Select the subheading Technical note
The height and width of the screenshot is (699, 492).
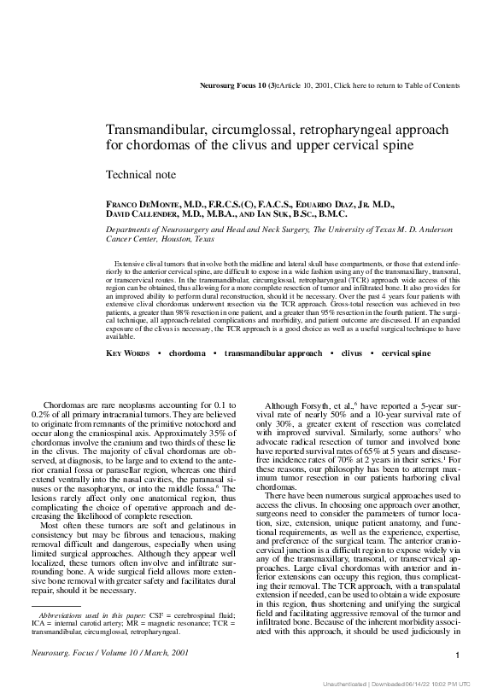pos(141,175)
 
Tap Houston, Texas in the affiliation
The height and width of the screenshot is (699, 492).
pos(183,239)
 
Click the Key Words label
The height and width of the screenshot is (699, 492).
pos(128,352)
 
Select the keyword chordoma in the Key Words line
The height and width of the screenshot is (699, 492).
pos(187,352)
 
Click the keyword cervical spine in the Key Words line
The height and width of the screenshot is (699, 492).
pos(383,352)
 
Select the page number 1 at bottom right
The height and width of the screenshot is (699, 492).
pos(459,655)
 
